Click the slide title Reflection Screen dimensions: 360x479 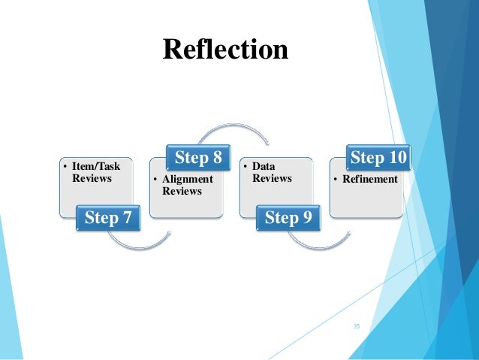pyautogui.click(x=225, y=50)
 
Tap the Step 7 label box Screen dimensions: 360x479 pyautogui.click(x=109, y=218)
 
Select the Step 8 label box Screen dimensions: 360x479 pyautogui.click(x=198, y=158)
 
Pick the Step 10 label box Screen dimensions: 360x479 pyautogui.click(x=378, y=158)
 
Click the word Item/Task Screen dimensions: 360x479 pyautogui.click(x=96, y=166)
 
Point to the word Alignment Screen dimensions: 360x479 pyautogui.click(x=188, y=179)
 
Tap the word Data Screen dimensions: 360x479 pyautogui.click(x=263, y=166)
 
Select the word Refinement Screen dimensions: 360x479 pyautogui.click(x=371, y=179)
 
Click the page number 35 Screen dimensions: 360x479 pyautogui.click(x=357, y=326)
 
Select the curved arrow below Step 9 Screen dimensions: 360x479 pyautogui.click(x=319, y=242)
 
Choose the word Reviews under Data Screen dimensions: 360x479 pyautogui.click(x=273, y=178)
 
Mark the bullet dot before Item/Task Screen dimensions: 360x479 pyautogui.click(x=65, y=166)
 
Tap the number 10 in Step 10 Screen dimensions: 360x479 pyautogui.click(x=396, y=158)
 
